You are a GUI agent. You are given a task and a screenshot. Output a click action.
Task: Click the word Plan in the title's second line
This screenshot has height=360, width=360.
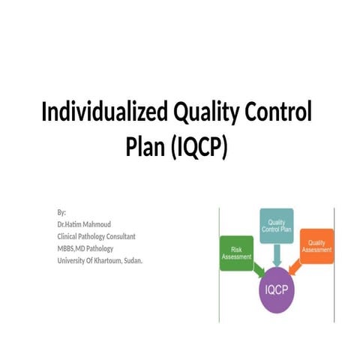point(144,148)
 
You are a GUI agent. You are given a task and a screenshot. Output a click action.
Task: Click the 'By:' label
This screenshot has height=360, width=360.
point(61,213)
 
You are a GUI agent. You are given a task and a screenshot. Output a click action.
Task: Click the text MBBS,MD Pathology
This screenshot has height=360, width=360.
point(88,249)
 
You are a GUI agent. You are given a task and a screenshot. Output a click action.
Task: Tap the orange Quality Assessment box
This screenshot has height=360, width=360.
point(316,245)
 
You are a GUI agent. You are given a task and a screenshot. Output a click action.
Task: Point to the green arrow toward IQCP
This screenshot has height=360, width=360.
point(256,268)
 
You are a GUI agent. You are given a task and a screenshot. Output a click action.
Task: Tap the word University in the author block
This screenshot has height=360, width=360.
point(72,261)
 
